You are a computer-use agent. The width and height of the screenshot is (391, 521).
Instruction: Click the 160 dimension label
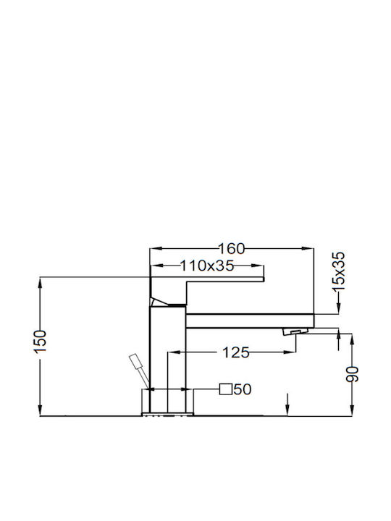231,248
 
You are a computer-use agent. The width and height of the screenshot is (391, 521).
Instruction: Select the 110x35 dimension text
207,266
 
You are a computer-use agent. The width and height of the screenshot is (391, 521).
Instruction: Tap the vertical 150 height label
41,342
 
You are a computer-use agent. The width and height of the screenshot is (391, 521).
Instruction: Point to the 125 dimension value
235,352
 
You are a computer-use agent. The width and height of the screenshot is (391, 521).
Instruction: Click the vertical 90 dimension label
353,374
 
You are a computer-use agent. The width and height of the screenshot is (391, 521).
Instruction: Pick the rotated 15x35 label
339,271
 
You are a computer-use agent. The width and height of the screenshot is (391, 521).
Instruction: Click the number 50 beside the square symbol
243,389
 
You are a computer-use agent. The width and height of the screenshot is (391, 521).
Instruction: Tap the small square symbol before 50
225,389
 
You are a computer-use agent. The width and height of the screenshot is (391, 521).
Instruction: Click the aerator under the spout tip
295,331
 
